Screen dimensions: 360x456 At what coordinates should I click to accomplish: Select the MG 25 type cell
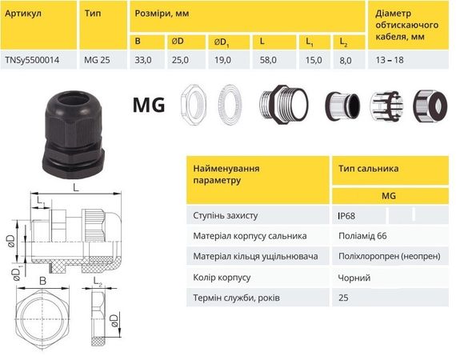click(98, 60)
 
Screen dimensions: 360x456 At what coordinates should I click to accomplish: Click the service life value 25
click(345, 298)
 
